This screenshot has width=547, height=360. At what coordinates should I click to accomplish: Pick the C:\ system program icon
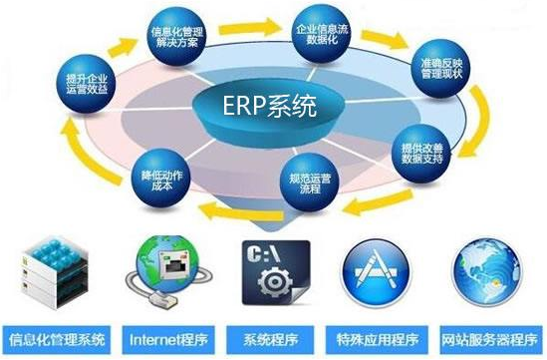(273, 272)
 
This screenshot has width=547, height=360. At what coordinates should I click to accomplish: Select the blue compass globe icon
(487, 272)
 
